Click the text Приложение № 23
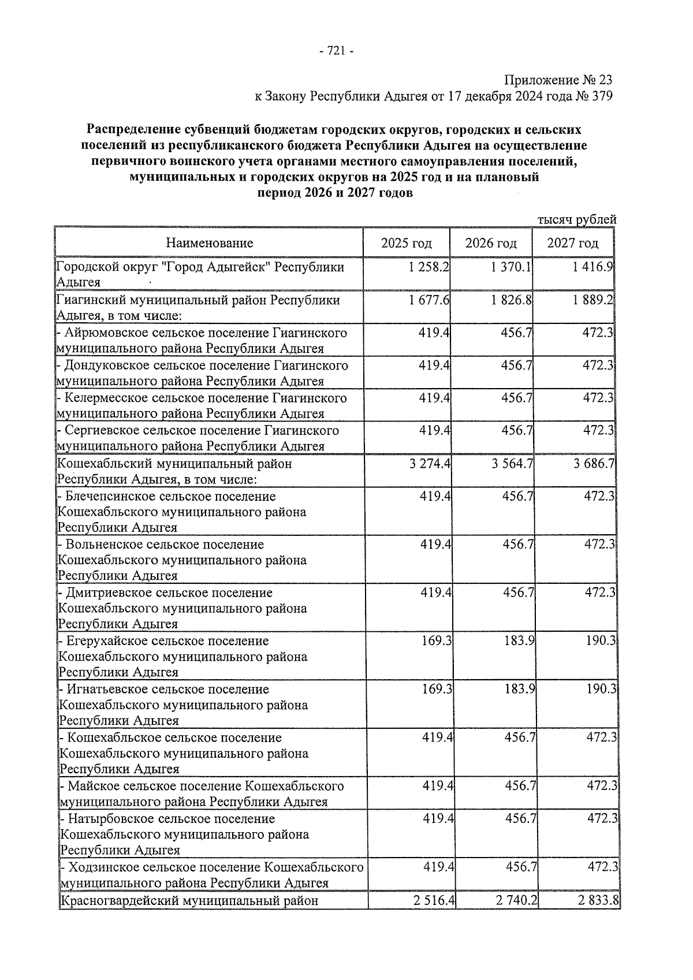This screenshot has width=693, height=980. coord(558,80)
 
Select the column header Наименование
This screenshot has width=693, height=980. coord(210,243)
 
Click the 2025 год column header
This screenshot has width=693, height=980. coord(406,243)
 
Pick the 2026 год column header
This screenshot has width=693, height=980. coord(490,243)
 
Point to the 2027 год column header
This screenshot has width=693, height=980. coord(572,243)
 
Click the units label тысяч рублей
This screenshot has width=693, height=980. coord(576,219)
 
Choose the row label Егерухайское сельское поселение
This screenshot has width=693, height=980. coord(167,641)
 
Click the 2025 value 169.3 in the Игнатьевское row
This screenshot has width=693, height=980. coord(437,689)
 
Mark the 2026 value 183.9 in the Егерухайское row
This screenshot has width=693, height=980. coord(518,641)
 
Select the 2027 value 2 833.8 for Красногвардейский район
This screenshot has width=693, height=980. coord(596,900)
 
